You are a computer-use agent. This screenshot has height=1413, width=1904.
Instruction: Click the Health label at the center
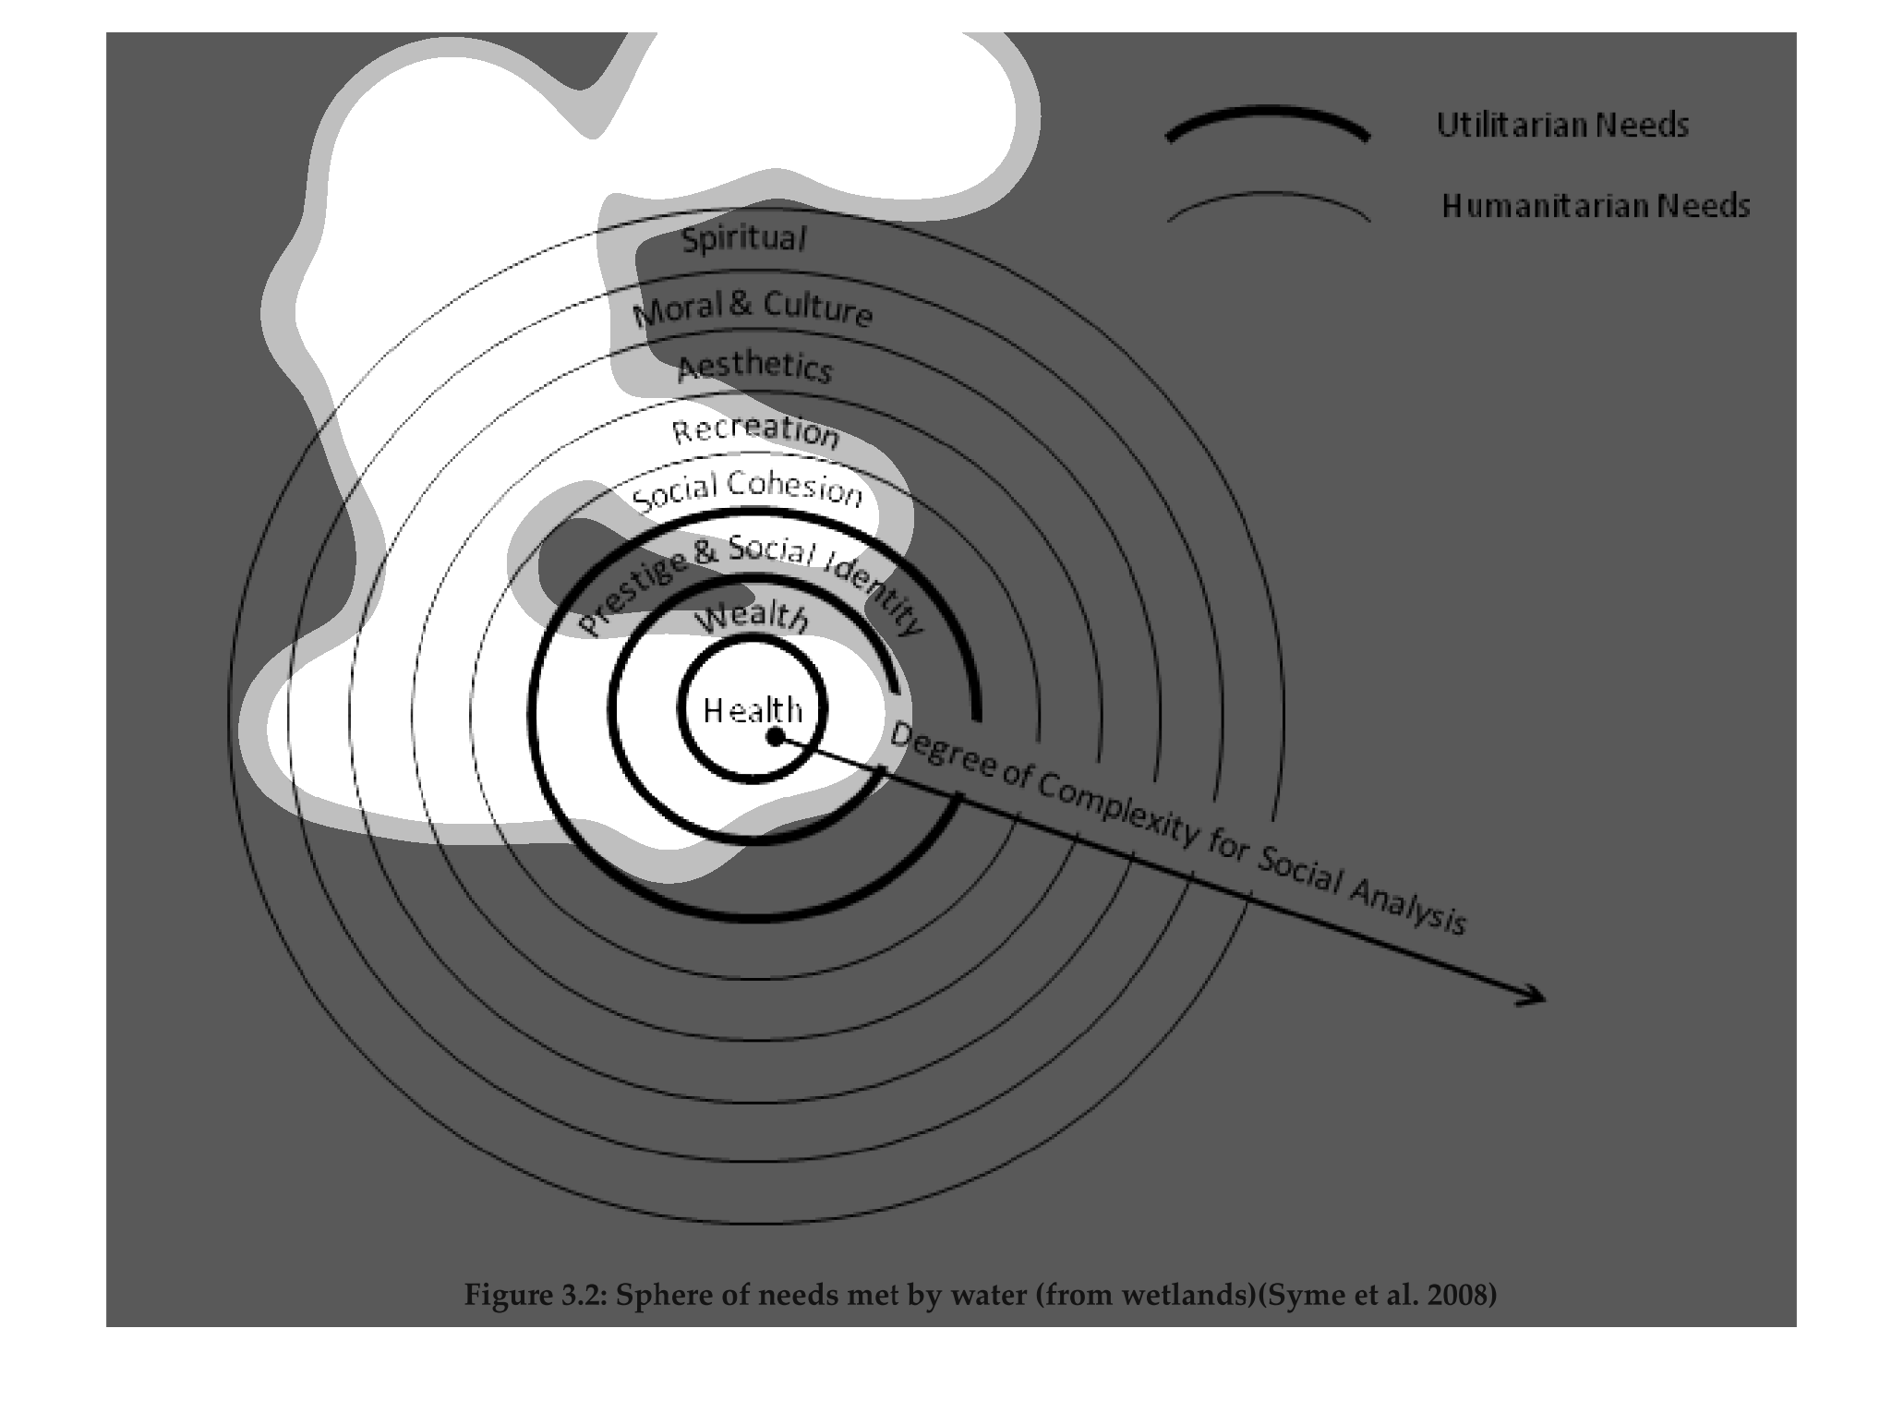pos(753,710)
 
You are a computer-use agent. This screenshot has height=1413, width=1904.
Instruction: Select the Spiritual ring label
pos(743,238)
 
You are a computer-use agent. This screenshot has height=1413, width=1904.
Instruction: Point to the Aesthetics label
pos(754,367)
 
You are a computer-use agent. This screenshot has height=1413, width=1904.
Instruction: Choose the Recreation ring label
pos(755,431)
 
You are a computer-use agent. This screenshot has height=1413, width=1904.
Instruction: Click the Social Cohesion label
pos(747,490)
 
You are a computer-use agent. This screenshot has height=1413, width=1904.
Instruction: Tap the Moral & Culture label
pos(753,308)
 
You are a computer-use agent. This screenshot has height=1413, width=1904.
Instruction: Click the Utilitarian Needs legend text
pos(1562,125)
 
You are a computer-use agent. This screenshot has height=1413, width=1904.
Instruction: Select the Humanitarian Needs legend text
pos(1596,205)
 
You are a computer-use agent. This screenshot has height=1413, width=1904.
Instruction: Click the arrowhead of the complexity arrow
pos(1535,995)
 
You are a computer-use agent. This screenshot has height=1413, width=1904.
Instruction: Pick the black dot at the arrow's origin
pos(776,735)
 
